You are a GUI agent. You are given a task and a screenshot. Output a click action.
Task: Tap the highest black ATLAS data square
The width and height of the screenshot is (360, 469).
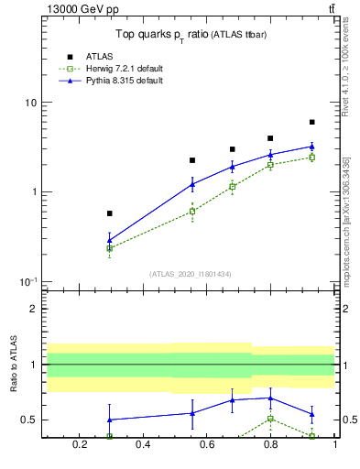click(311, 122)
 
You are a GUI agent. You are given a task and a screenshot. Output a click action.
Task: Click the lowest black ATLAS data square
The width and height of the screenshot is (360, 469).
click(110, 213)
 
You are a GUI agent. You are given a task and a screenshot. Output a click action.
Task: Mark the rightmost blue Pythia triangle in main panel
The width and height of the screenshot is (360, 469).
click(311, 146)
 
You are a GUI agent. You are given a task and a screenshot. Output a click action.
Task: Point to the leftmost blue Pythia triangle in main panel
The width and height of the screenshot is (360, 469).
click(110, 240)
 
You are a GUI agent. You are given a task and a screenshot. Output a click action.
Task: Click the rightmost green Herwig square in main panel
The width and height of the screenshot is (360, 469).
click(311, 158)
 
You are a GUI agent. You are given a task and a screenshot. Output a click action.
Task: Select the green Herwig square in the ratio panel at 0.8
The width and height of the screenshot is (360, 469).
click(270, 419)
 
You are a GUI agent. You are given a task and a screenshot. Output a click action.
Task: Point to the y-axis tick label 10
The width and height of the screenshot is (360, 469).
click(30, 103)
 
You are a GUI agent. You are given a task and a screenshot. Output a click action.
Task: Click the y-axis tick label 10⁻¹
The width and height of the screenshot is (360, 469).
click(27, 281)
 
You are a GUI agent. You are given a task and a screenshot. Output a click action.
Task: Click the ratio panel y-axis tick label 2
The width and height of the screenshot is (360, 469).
click(33, 309)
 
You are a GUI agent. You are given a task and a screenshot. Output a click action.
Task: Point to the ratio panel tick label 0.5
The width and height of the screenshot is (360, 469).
click(29, 420)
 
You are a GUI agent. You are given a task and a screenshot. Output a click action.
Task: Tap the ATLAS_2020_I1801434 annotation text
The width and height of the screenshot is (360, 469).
click(190, 274)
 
